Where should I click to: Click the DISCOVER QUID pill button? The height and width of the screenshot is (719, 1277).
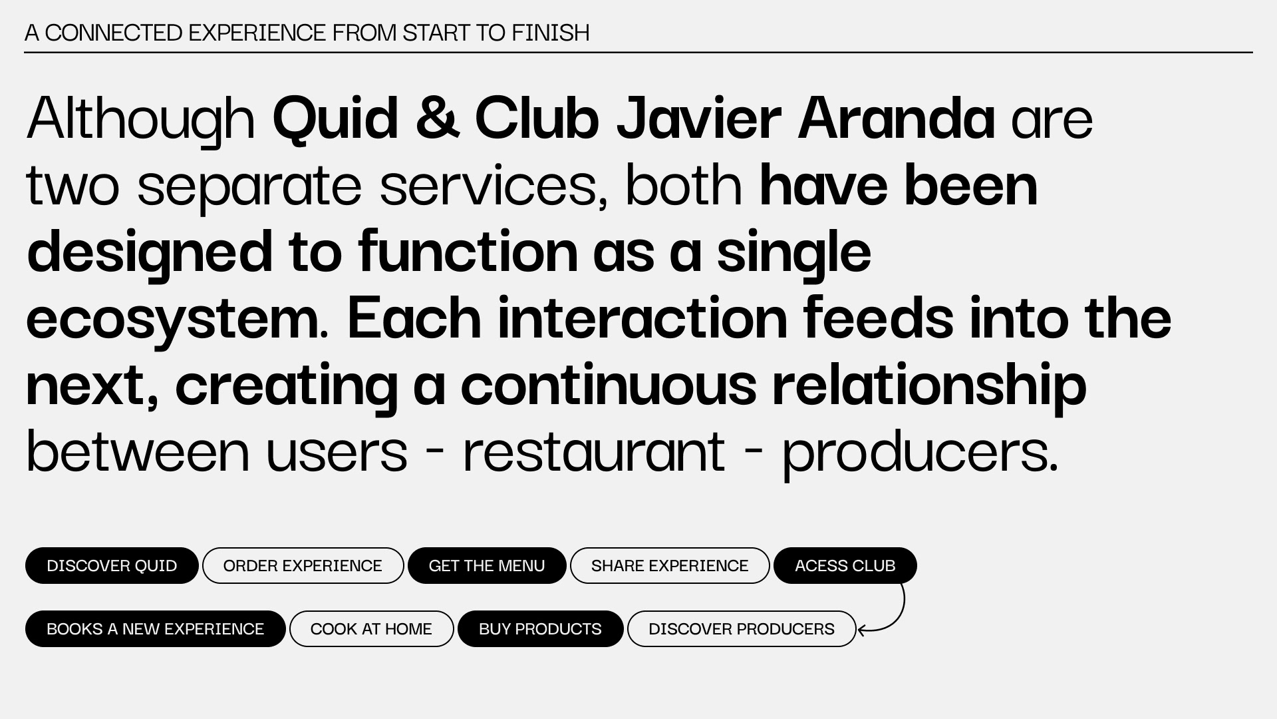click(112, 565)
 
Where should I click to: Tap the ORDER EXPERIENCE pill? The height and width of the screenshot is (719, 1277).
click(303, 565)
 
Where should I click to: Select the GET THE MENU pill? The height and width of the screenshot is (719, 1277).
click(487, 565)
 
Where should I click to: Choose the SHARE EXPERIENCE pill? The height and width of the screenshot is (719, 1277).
click(670, 565)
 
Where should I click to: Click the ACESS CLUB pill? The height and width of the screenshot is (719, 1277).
click(845, 565)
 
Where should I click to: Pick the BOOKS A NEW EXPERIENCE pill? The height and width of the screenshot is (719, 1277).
click(155, 628)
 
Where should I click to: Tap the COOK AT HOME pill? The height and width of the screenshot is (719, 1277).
click(371, 628)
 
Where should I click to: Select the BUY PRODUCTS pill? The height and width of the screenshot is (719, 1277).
click(540, 628)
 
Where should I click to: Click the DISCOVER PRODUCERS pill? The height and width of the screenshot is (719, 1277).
click(742, 628)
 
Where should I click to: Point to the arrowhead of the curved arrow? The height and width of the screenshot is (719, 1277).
click(859, 630)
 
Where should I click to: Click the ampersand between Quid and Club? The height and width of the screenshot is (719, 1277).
click(438, 119)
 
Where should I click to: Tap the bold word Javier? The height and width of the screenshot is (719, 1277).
click(698, 119)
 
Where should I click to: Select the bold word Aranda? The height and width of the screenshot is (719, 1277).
click(896, 119)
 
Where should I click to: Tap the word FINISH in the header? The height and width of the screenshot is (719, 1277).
click(551, 33)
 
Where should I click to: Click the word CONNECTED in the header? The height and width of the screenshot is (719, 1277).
click(114, 33)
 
